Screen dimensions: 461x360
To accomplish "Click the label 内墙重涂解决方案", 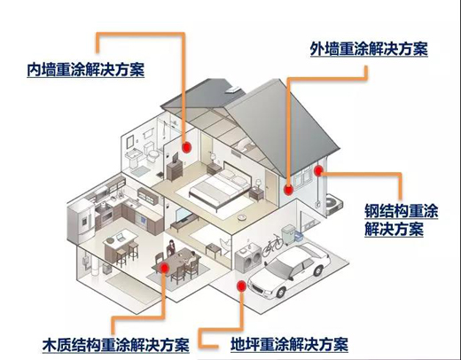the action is click(x=86, y=70).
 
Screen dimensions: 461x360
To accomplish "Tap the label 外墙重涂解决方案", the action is click(x=369, y=49).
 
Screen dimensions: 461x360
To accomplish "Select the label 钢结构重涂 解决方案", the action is click(x=401, y=220).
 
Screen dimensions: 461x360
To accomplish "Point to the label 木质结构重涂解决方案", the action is click(x=115, y=345).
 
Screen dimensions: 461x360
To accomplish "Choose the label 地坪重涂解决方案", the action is click(x=289, y=344).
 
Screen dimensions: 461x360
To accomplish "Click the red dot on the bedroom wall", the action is click(x=186, y=147).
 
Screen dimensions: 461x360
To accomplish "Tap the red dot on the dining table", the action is click(x=164, y=268).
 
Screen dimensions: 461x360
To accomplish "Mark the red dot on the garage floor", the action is click(x=241, y=286).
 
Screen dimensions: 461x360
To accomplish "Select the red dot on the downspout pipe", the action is click(x=318, y=171).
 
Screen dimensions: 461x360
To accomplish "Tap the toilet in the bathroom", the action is click(x=151, y=152).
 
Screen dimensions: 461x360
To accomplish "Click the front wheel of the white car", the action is click(x=280, y=292).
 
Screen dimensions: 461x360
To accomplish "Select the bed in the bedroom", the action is click(x=220, y=185).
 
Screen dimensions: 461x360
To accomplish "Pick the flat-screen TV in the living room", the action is click(x=184, y=215).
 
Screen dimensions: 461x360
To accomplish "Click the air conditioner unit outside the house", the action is click(x=334, y=203).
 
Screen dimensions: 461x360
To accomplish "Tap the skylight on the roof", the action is click(x=233, y=90).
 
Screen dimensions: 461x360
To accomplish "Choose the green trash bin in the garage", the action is click(x=288, y=234).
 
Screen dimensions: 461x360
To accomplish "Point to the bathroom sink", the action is click(x=131, y=157).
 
